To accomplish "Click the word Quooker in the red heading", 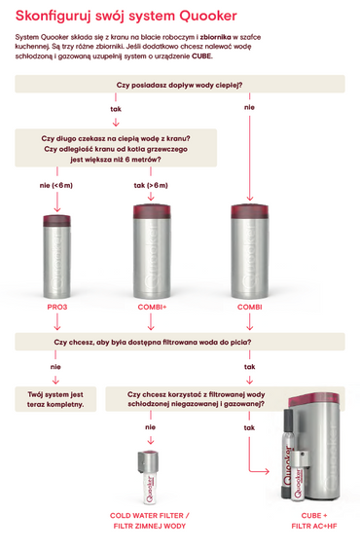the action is pos(208,16).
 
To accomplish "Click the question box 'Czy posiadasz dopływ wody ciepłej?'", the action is pos(180,84).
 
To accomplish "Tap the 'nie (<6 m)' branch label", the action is pos(56,185).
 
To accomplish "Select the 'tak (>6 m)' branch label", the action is pos(151,185).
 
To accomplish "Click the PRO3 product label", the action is pos(57,307).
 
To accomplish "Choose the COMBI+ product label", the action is pos(152,307).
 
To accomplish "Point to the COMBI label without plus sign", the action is pos(250,307).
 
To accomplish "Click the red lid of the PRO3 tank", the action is pos(56,221).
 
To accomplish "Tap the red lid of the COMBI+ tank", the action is pos(152,211).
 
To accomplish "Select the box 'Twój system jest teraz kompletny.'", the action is pos(55,399).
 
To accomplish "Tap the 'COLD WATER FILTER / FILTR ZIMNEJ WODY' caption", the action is pos(150,521).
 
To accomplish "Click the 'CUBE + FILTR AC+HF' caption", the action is pos(314,521).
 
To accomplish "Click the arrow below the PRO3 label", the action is pos(57,321).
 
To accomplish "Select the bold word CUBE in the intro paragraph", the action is pos(201,56).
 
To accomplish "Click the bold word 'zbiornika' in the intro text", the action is pos(216,37).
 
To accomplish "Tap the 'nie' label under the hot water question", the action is pos(249,107).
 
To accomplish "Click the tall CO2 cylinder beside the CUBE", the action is pos(287,454).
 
